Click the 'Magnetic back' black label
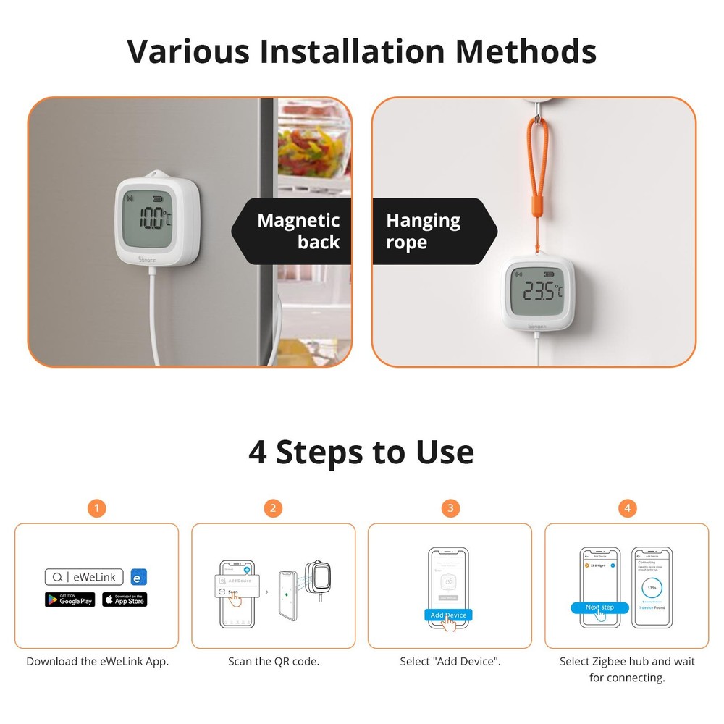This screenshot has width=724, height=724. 293,231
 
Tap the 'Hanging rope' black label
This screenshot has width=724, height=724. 431,231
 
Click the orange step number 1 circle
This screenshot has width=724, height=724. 96,508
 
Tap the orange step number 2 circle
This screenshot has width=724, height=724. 273,508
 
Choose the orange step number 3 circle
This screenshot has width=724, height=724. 450,508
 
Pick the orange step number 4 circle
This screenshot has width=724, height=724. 626,508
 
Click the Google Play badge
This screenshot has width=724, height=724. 70,599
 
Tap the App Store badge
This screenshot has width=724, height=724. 125,599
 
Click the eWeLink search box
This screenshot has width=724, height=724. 85,577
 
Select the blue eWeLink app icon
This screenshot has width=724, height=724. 139,577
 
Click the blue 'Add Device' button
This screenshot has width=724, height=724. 448,615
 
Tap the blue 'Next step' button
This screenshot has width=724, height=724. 599,607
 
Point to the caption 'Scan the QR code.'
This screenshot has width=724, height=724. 273,661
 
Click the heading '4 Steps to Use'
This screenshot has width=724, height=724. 361,452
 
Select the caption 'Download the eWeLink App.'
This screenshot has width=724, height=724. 97,661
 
